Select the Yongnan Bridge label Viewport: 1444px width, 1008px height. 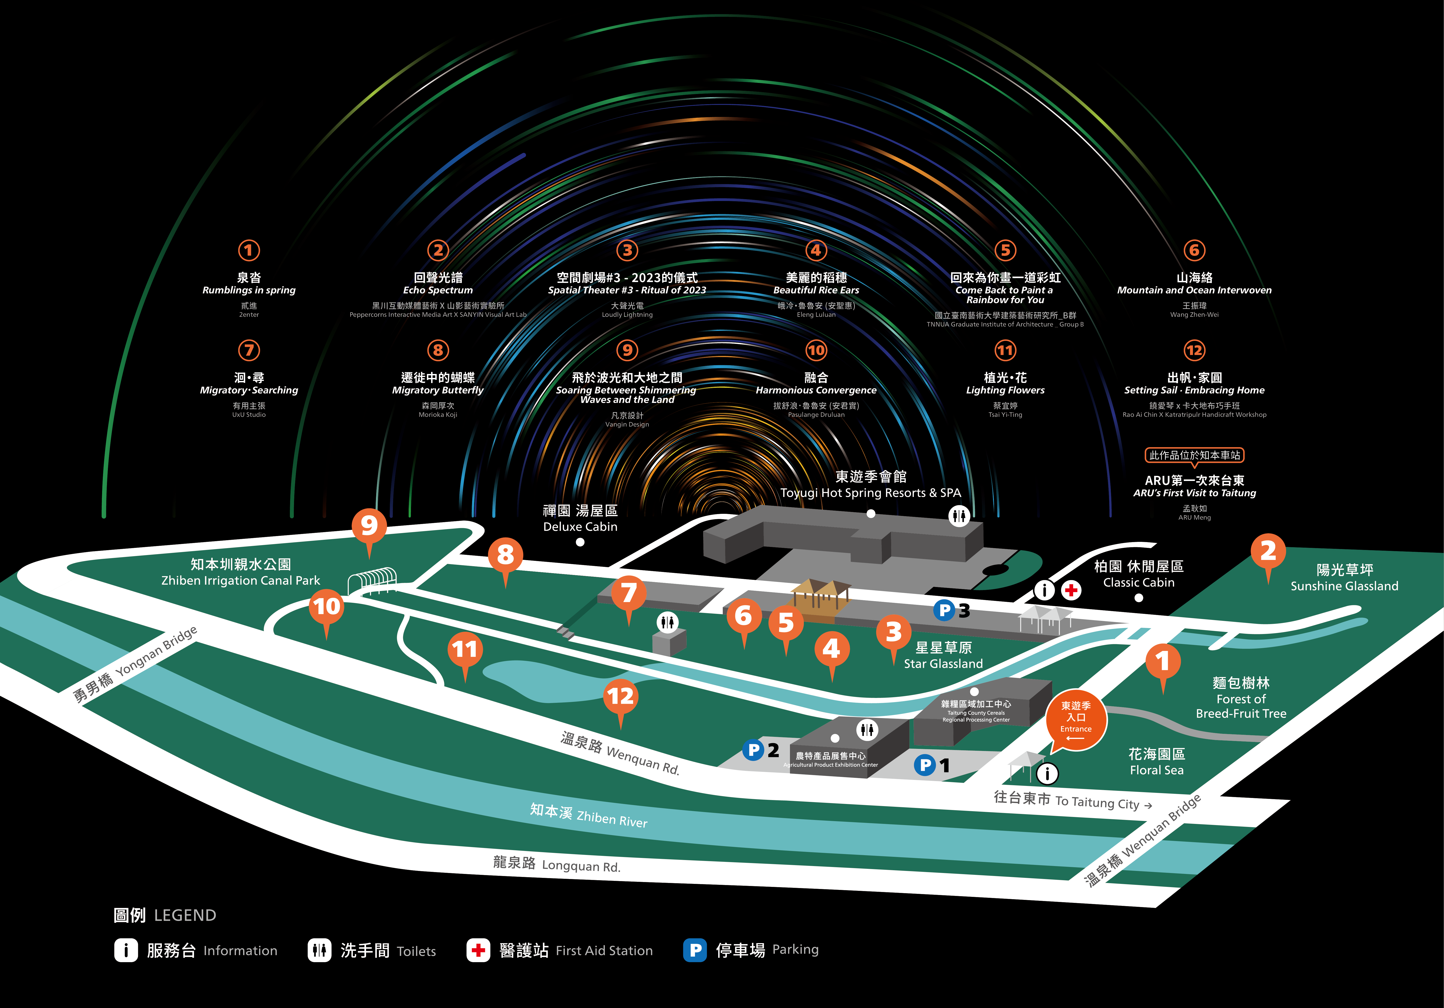click(135, 664)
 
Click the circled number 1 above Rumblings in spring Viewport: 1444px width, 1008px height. click(249, 250)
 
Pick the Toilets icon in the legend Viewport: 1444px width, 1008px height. click(319, 950)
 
